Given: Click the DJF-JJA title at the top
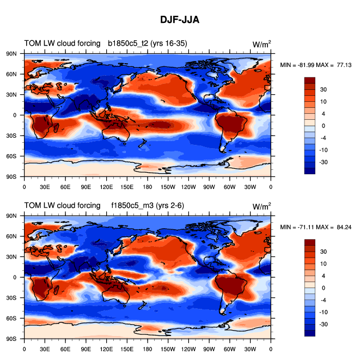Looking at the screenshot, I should pyautogui.click(x=180, y=20).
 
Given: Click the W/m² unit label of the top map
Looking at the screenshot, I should pyautogui.click(x=261, y=44).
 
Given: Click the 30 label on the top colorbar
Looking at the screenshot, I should pyautogui.click(x=323, y=89).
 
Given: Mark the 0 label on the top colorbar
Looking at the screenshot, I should pyautogui.click(x=323, y=126).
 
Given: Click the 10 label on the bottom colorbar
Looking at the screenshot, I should pyautogui.click(x=323, y=264).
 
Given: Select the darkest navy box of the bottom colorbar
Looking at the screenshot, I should pyautogui.click(x=309, y=333).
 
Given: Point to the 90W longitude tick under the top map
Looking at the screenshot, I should pyautogui.click(x=209, y=186).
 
